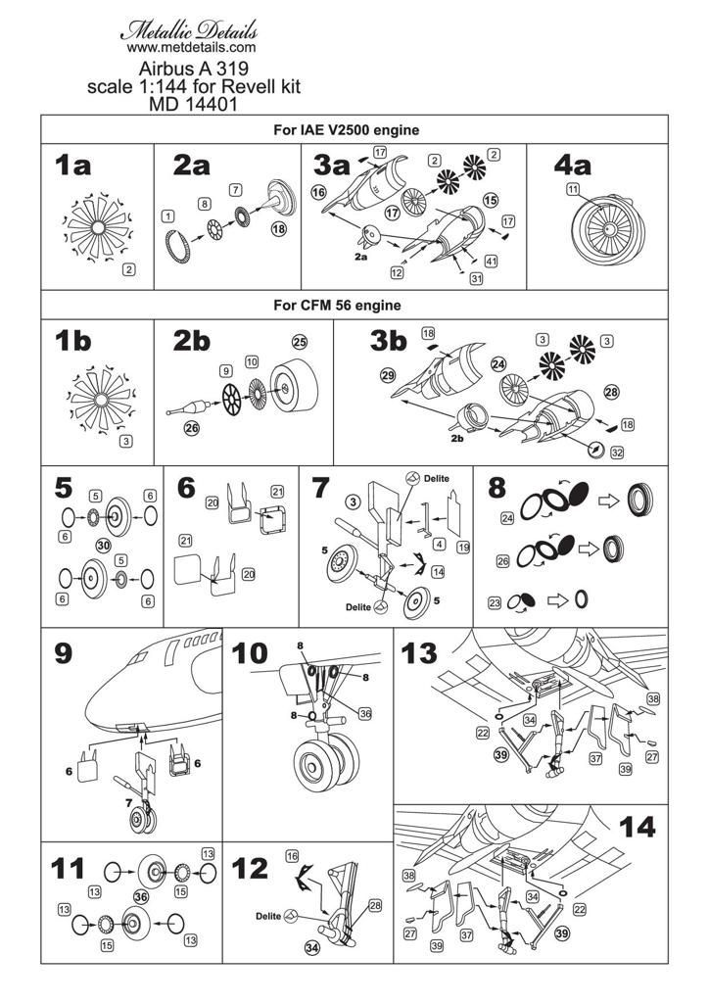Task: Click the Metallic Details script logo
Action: pyautogui.click(x=190, y=27)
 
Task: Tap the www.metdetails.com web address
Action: pyautogui.click(x=192, y=46)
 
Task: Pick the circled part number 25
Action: pyautogui.click(x=300, y=342)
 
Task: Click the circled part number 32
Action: pyautogui.click(x=616, y=453)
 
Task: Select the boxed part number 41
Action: pyautogui.click(x=491, y=261)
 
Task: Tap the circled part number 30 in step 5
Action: pyautogui.click(x=102, y=545)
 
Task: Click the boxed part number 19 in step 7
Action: pyautogui.click(x=463, y=547)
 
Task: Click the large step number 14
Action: pyautogui.click(x=638, y=829)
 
